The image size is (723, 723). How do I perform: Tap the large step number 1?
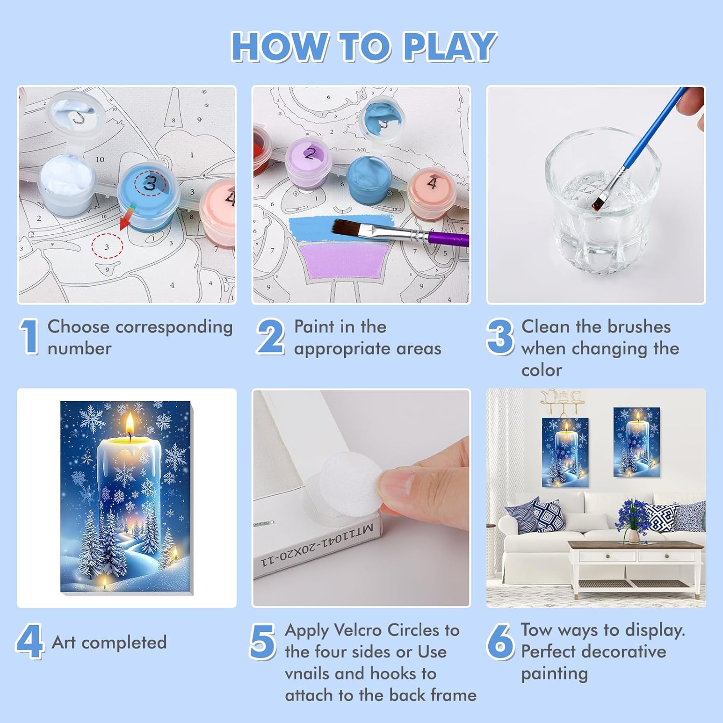tap(30, 336)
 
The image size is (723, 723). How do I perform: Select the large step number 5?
tap(263, 641)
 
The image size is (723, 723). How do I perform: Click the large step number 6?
tap(500, 641)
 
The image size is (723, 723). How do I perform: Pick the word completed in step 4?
tap(124, 643)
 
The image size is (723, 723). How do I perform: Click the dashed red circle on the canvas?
tap(107, 246)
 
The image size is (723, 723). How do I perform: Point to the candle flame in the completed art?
tap(130, 426)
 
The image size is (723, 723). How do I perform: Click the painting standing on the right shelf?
tap(636, 442)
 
